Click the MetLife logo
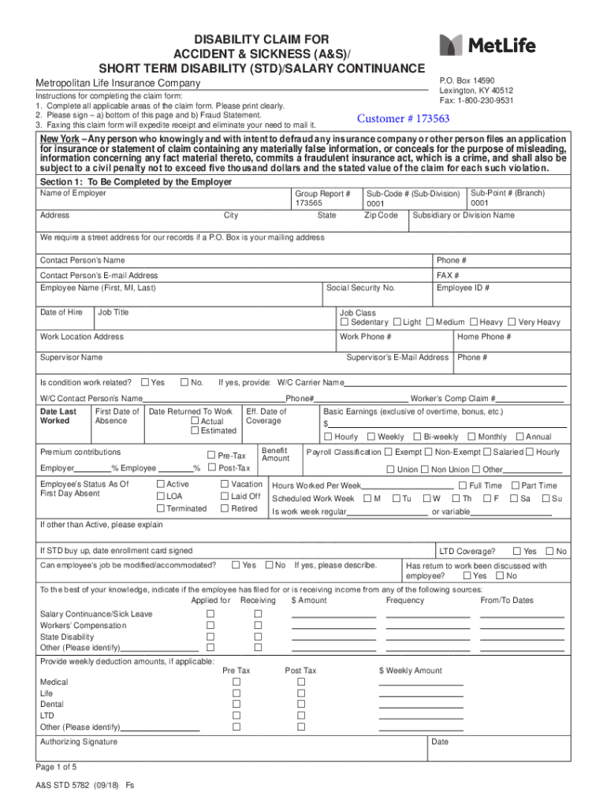point(487,46)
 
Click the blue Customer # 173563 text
point(403,119)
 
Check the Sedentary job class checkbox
point(344,322)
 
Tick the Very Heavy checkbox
point(512,322)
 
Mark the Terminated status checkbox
point(161,508)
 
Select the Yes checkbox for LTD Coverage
point(517,551)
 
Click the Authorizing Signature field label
point(79,742)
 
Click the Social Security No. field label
point(360,288)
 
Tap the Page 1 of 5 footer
point(57,767)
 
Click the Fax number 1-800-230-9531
point(476,101)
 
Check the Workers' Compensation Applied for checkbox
point(210,625)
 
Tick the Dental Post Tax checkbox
point(300,704)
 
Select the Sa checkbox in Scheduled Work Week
point(516,498)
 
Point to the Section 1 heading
point(136,182)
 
